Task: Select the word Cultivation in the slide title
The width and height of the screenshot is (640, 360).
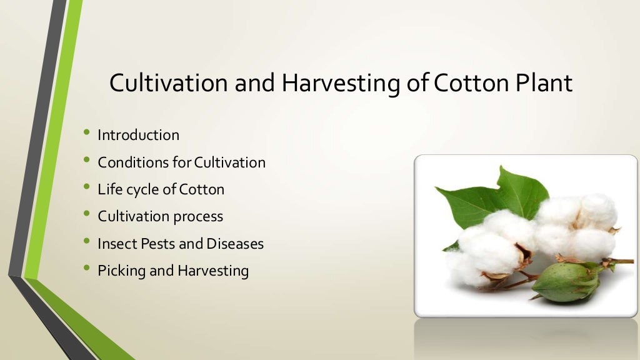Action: (169, 83)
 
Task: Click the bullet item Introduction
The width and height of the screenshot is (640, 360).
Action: (138, 135)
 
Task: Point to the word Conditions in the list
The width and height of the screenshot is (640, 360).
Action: (124, 162)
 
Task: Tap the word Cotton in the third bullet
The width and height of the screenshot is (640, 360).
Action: (201, 189)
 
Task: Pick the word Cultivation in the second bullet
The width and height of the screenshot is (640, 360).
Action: (230, 162)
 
